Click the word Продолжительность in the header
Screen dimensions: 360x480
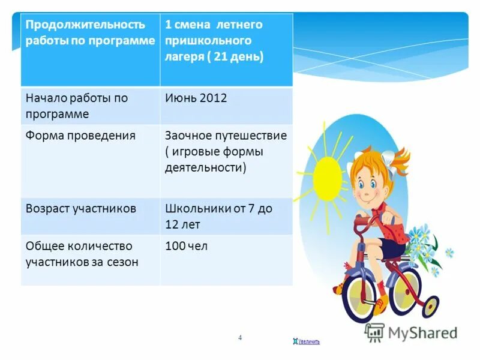85,25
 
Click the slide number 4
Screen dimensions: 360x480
240,338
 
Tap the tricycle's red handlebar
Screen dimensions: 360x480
369,222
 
